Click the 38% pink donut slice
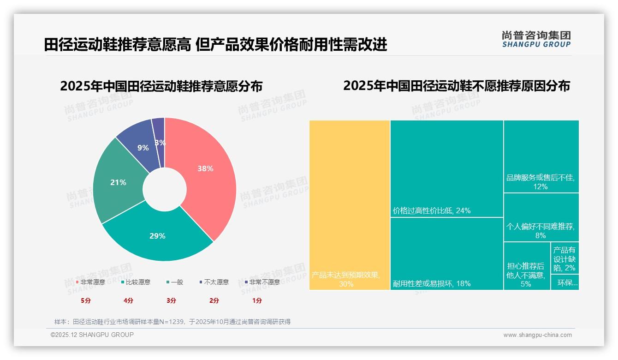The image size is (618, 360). (203, 175)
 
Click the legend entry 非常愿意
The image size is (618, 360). (90, 282)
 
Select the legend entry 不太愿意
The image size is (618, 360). (214, 282)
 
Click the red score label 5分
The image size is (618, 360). (86, 300)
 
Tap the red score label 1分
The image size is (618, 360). (257, 300)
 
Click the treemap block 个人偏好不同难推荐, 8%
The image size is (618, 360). (541, 217)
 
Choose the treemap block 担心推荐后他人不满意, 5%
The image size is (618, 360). (527, 266)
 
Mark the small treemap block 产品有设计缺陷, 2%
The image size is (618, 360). (565, 258)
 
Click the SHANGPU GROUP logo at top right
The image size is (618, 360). (536, 39)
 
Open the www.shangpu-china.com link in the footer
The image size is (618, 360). (537, 335)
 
